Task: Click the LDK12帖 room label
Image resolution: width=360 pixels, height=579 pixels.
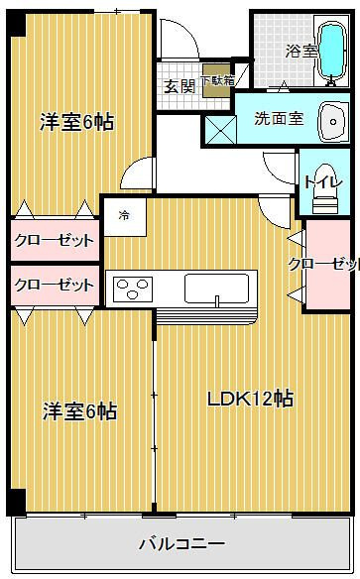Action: tap(249, 399)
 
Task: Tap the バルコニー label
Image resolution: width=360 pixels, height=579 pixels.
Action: tap(180, 543)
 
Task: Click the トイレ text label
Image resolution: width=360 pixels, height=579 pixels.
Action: tap(318, 181)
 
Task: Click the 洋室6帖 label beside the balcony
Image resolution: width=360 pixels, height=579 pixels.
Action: tap(78, 410)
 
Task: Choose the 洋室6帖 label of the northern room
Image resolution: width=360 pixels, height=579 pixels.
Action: tap(76, 122)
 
